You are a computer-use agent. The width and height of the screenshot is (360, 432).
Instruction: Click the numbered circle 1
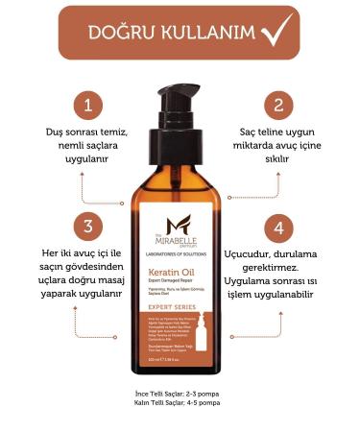pyautogui.click(x=88, y=104)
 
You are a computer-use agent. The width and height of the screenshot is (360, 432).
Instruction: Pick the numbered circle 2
pyautogui.click(x=277, y=104)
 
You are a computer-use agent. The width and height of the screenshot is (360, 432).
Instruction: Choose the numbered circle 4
pyautogui.click(x=277, y=228)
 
